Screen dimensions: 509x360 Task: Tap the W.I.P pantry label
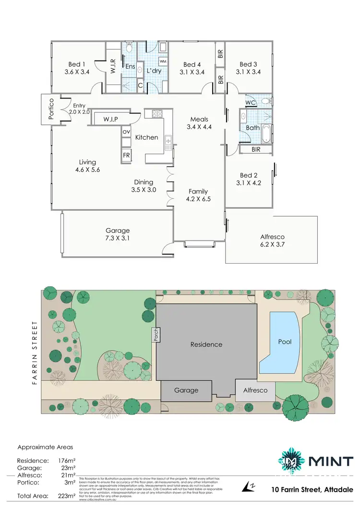[110, 119]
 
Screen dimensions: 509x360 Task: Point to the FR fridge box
[126, 156]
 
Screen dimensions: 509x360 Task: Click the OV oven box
[126, 132]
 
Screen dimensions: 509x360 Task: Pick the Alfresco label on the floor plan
[272, 236]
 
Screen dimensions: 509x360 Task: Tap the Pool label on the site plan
[285, 342]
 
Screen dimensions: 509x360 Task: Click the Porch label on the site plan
[156, 335]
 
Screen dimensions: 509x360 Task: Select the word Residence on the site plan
[206, 344]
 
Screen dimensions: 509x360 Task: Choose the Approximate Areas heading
[45, 447]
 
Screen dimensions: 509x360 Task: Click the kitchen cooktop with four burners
[157, 114]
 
